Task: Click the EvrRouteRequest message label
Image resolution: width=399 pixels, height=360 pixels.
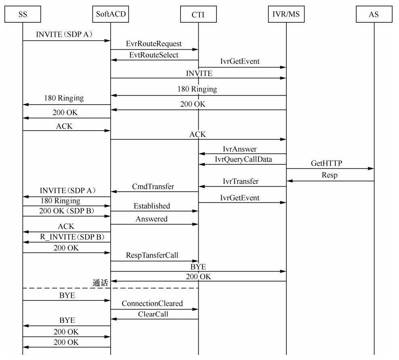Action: click(154, 44)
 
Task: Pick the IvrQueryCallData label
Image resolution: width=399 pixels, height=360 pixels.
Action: click(244, 160)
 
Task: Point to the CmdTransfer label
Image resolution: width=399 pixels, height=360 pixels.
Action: click(153, 187)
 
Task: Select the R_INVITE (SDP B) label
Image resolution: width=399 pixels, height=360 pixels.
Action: click(67, 237)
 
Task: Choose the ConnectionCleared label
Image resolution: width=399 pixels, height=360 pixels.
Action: click(152, 303)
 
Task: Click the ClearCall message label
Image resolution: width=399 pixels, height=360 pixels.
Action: click(153, 314)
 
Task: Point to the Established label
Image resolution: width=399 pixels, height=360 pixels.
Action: click(152, 206)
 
